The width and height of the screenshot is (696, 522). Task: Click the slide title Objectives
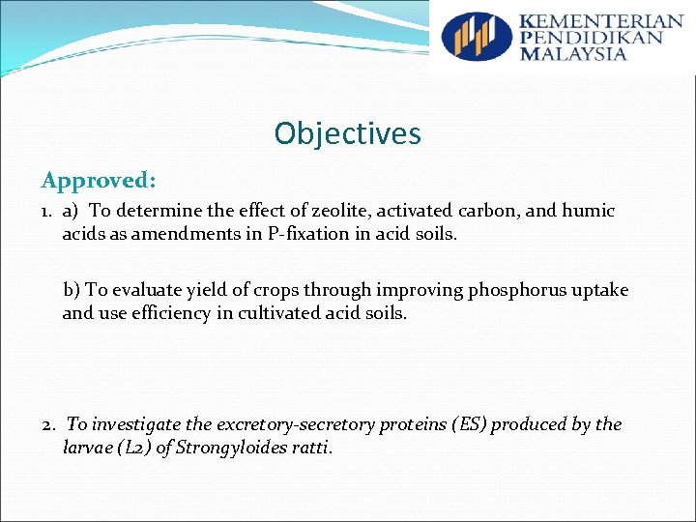click(x=347, y=132)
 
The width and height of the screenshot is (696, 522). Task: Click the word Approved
click(x=98, y=181)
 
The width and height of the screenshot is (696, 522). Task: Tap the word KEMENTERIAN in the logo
click(x=601, y=21)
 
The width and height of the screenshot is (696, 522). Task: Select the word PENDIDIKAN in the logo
click(x=592, y=38)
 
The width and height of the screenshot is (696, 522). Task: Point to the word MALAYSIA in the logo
click(x=573, y=54)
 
